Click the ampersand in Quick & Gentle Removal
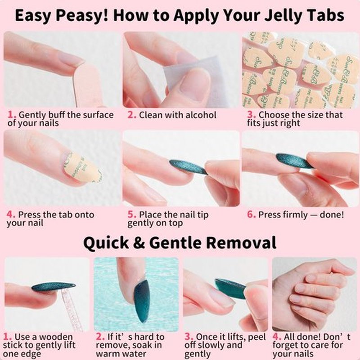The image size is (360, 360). (x=139, y=243)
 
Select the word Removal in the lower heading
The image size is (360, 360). (x=241, y=243)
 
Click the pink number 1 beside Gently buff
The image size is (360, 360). (x=11, y=115)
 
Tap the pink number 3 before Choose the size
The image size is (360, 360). (x=251, y=115)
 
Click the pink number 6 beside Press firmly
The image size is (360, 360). (x=251, y=215)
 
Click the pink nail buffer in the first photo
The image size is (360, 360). (x=87, y=85)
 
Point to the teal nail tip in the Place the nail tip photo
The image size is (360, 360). (x=188, y=167)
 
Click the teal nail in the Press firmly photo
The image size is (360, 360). (x=294, y=161)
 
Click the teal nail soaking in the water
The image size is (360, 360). (x=141, y=301)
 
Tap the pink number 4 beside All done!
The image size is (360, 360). (x=277, y=337)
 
